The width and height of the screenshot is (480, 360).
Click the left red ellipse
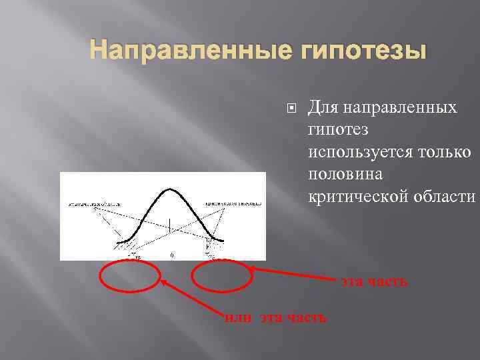point(131,275)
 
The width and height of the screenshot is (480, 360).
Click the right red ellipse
point(222,275)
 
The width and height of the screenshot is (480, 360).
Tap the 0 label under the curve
point(173,255)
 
